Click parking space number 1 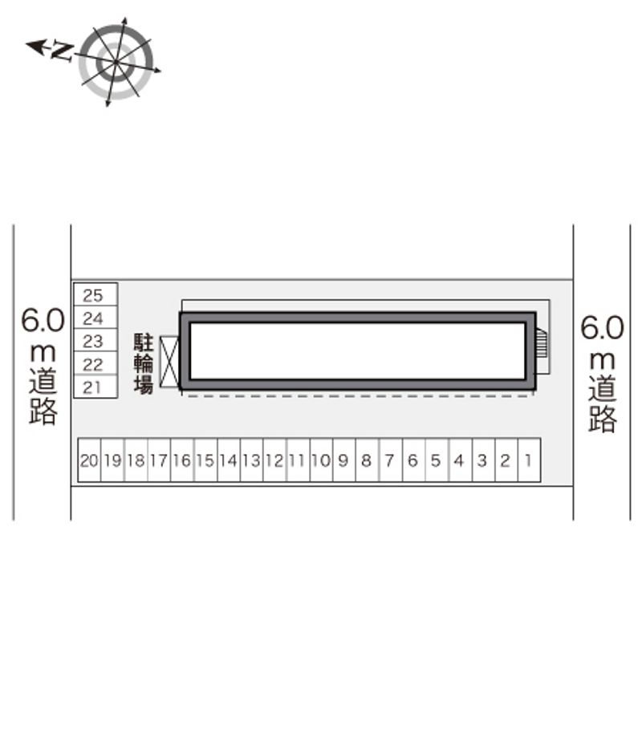click(530, 460)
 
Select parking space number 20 click(89, 460)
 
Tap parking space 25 click(95, 294)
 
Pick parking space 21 click(95, 387)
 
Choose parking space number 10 click(322, 460)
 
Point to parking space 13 click(252, 460)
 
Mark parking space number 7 click(390, 460)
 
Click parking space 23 click(95, 340)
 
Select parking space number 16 click(182, 460)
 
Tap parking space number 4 click(460, 460)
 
